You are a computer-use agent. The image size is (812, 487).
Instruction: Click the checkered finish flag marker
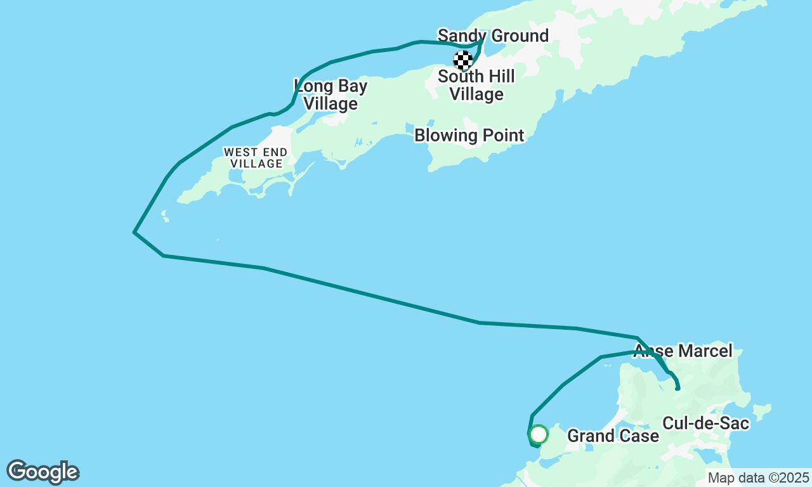[x=463, y=60]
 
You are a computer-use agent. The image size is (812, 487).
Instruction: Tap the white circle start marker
[x=539, y=434]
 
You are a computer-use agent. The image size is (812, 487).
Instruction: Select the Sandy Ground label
[x=493, y=36]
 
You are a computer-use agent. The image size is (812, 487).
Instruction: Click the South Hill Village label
[x=476, y=86]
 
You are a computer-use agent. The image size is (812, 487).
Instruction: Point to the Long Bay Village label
[x=330, y=94]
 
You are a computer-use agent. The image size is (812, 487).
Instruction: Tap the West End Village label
[x=256, y=158]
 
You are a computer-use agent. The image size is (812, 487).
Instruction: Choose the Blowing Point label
[x=469, y=135]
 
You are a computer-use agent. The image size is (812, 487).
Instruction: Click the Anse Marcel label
[x=683, y=351]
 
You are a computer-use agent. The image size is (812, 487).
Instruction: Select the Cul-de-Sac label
[x=706, y=423]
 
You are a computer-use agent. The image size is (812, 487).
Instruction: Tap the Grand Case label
[x=613, y=436]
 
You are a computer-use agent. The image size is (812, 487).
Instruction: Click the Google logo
[x=43, y=472]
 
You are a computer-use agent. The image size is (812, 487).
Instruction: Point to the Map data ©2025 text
[x=758, y=477]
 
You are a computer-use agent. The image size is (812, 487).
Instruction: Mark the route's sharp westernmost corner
[x=134, y=232]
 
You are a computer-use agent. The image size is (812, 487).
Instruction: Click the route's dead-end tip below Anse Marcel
[x=678, y=388]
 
